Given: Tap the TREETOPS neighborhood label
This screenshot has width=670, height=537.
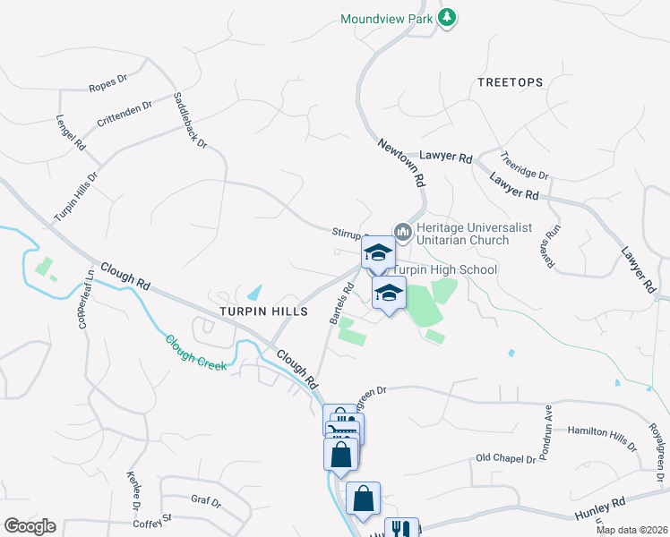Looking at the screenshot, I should coord(510,82).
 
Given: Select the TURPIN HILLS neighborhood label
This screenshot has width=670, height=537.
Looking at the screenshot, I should coord(264,311).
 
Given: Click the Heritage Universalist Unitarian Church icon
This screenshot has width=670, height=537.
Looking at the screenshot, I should coord(402,234).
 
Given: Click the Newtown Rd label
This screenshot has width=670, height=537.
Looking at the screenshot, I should coord(400,161).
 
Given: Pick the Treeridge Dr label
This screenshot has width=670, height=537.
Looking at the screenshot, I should coord(524,165).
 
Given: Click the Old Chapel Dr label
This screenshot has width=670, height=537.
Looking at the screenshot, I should coord(505,459).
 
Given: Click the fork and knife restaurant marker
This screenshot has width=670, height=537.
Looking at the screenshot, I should coord(401,527).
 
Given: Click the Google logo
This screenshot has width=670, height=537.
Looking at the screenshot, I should coord(30,526).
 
